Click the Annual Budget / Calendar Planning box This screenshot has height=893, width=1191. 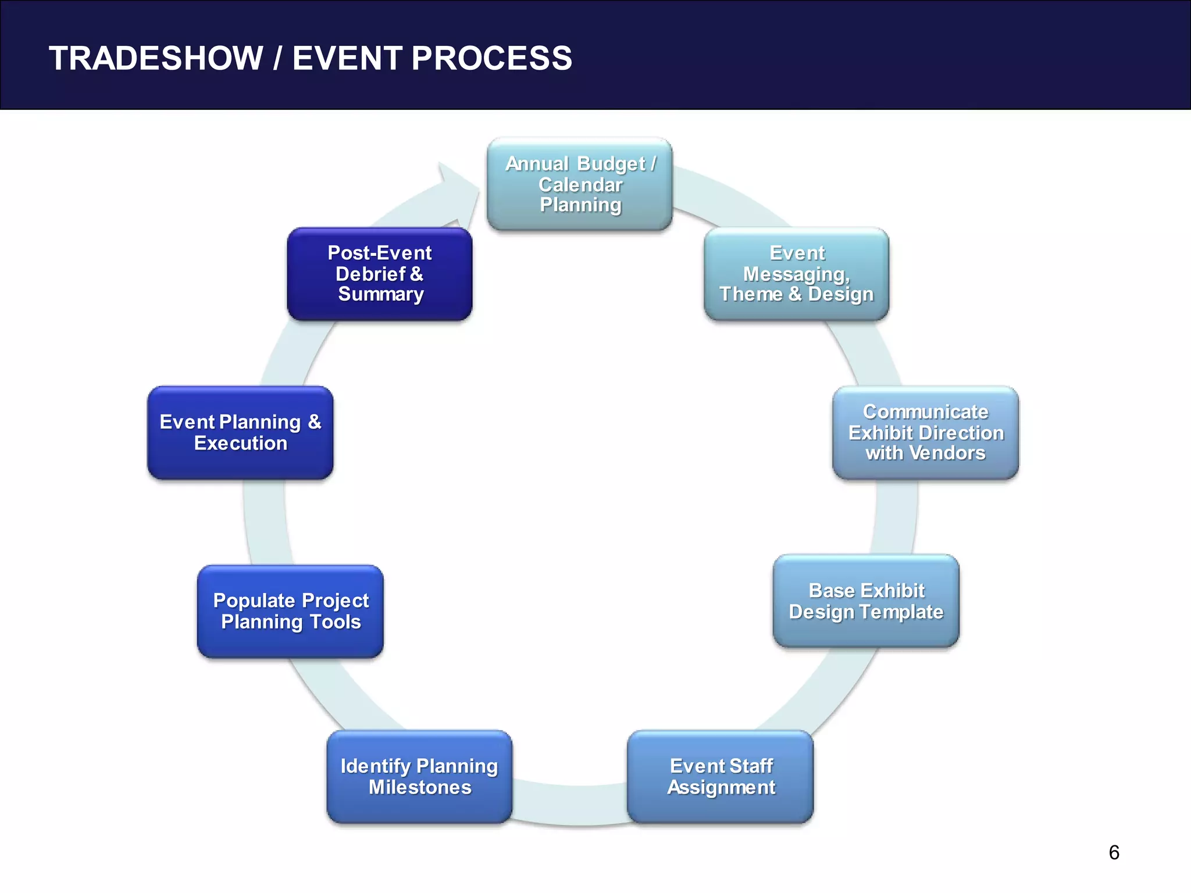point(580,184)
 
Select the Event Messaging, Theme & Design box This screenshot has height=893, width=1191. point(796,274)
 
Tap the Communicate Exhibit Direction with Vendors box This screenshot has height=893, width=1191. point(925,433)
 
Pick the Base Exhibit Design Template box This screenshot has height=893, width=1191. point(866,601)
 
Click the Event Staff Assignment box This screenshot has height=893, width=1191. point(720,777)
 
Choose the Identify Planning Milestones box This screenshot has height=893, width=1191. point(419,777)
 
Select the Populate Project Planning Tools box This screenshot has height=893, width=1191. point(290,612)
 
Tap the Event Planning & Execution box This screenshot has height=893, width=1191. point(240,433)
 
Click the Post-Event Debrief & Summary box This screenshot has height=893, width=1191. point(380,274)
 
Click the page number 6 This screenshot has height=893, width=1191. point(1114,852)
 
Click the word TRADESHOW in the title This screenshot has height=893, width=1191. point(156,58)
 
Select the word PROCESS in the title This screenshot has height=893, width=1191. point(492,58)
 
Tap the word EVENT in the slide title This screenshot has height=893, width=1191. point(347,58)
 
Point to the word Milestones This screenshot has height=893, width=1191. point(420,787)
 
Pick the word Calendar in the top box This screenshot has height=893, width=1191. point(580,184)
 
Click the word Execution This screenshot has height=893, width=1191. point(241,443)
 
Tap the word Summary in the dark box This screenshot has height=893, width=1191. point(381,294)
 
